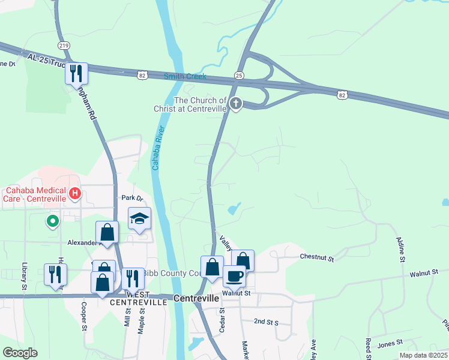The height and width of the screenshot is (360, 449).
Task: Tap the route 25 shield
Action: pyautogui.click(x=238, y=75)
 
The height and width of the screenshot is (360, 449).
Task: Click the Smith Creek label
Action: pyautogui.click(x=185, y=77)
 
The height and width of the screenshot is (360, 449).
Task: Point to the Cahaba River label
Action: pyautogui.click(x=158, y=147)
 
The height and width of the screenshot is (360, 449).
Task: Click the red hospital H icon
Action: pyautogui.click(x=75, y=193)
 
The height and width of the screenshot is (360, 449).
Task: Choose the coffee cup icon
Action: pyautogui.click(x=234, y=276)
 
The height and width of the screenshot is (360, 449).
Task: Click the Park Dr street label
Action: pyautogui.click(x=133, y=197)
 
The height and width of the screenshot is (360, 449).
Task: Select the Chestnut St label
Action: pyautogui.click(x=316, y=257)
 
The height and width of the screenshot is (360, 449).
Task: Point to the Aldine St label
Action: pyautogui.click(x=400, y=250)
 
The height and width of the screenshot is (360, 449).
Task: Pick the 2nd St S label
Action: pyautogui.click(x=266, y=322)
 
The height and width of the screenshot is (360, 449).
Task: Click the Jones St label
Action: pyautogui.click(x=390, y=343)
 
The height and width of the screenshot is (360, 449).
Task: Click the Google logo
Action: pyautogui.click(x=20, y=353)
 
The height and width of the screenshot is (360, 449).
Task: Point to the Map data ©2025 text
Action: pyautogui.click(x=423, y=355)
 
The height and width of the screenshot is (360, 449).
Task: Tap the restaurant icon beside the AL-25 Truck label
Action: pyautogui.click(x=76, y=74)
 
